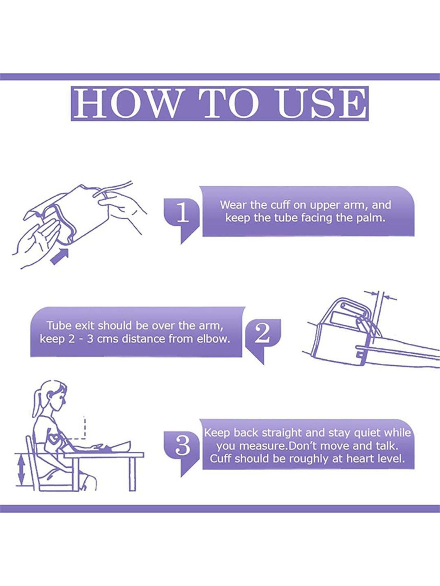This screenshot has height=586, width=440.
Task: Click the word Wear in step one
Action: click(x=233, y=205)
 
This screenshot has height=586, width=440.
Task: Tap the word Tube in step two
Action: click(x=58, y=326)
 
